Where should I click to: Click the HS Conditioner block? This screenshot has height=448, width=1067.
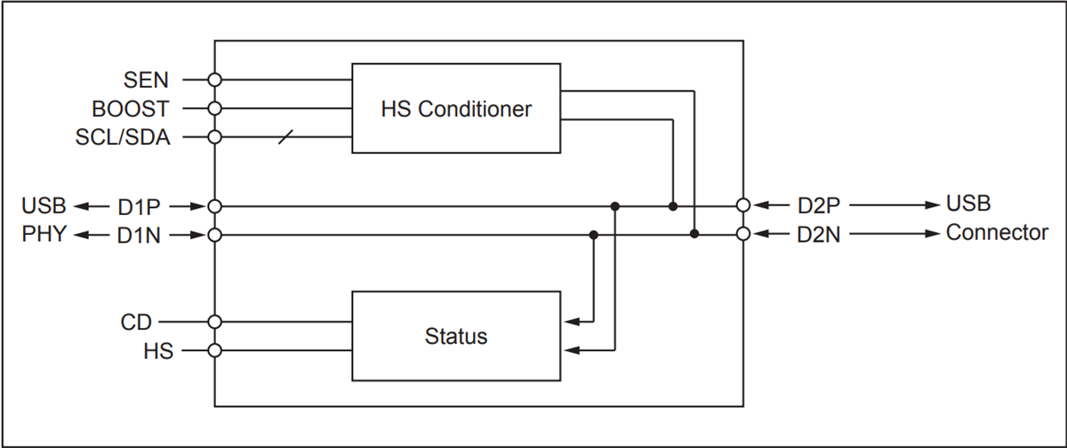coord(456,108)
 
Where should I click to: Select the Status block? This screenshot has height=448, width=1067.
coord(456,336)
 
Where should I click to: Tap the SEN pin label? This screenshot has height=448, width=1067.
coord(147,80)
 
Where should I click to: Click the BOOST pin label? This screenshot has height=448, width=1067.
coord(130,108)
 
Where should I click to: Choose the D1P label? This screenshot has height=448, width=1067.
coord(139,206)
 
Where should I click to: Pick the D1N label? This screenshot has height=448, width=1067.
coord(139,236)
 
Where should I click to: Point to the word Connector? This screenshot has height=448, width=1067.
coord(997,234)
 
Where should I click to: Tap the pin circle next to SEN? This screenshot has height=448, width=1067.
coord(214,80)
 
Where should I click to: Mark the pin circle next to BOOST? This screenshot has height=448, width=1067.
coord(214,108)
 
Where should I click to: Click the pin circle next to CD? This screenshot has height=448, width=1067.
coord(214,321)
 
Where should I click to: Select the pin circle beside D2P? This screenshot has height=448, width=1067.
coord(743,205)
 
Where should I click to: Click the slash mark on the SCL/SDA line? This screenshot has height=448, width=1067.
coord(285,137)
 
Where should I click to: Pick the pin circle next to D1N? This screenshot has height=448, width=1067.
coord(214,236)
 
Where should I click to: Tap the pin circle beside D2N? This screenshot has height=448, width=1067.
coord(743,235)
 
